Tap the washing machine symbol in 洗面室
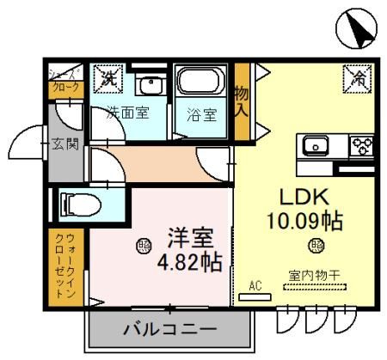point(107,78)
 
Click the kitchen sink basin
point(316,145)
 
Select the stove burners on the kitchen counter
point(359,144)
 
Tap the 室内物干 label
point(313,275)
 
